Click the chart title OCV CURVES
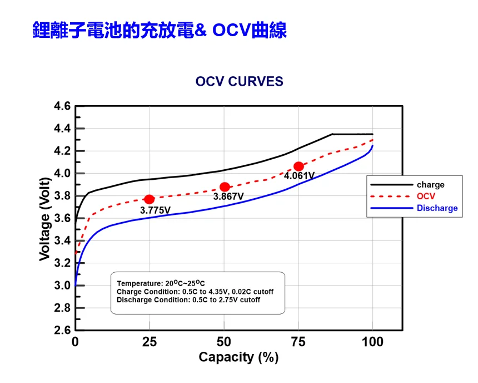[x=239, y=82]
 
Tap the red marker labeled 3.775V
[x=149, y=199]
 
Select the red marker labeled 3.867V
[x=225, y=187]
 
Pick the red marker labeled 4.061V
[x=299, y=166]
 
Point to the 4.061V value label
[x=299, y=176]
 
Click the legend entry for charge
[x=430, y=185]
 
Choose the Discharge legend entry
[x=437, y=208]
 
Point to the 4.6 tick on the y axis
[x=62, y=106]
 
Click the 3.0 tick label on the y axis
[x=62, y=286]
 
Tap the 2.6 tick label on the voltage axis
[x=62, y=331]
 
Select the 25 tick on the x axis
[x=150, y=342]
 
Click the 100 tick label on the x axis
[x=372, y=342]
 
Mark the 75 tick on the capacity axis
[x=298, y=342]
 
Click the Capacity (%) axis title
[x=238, y=357]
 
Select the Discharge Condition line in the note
[x=188, y=300]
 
